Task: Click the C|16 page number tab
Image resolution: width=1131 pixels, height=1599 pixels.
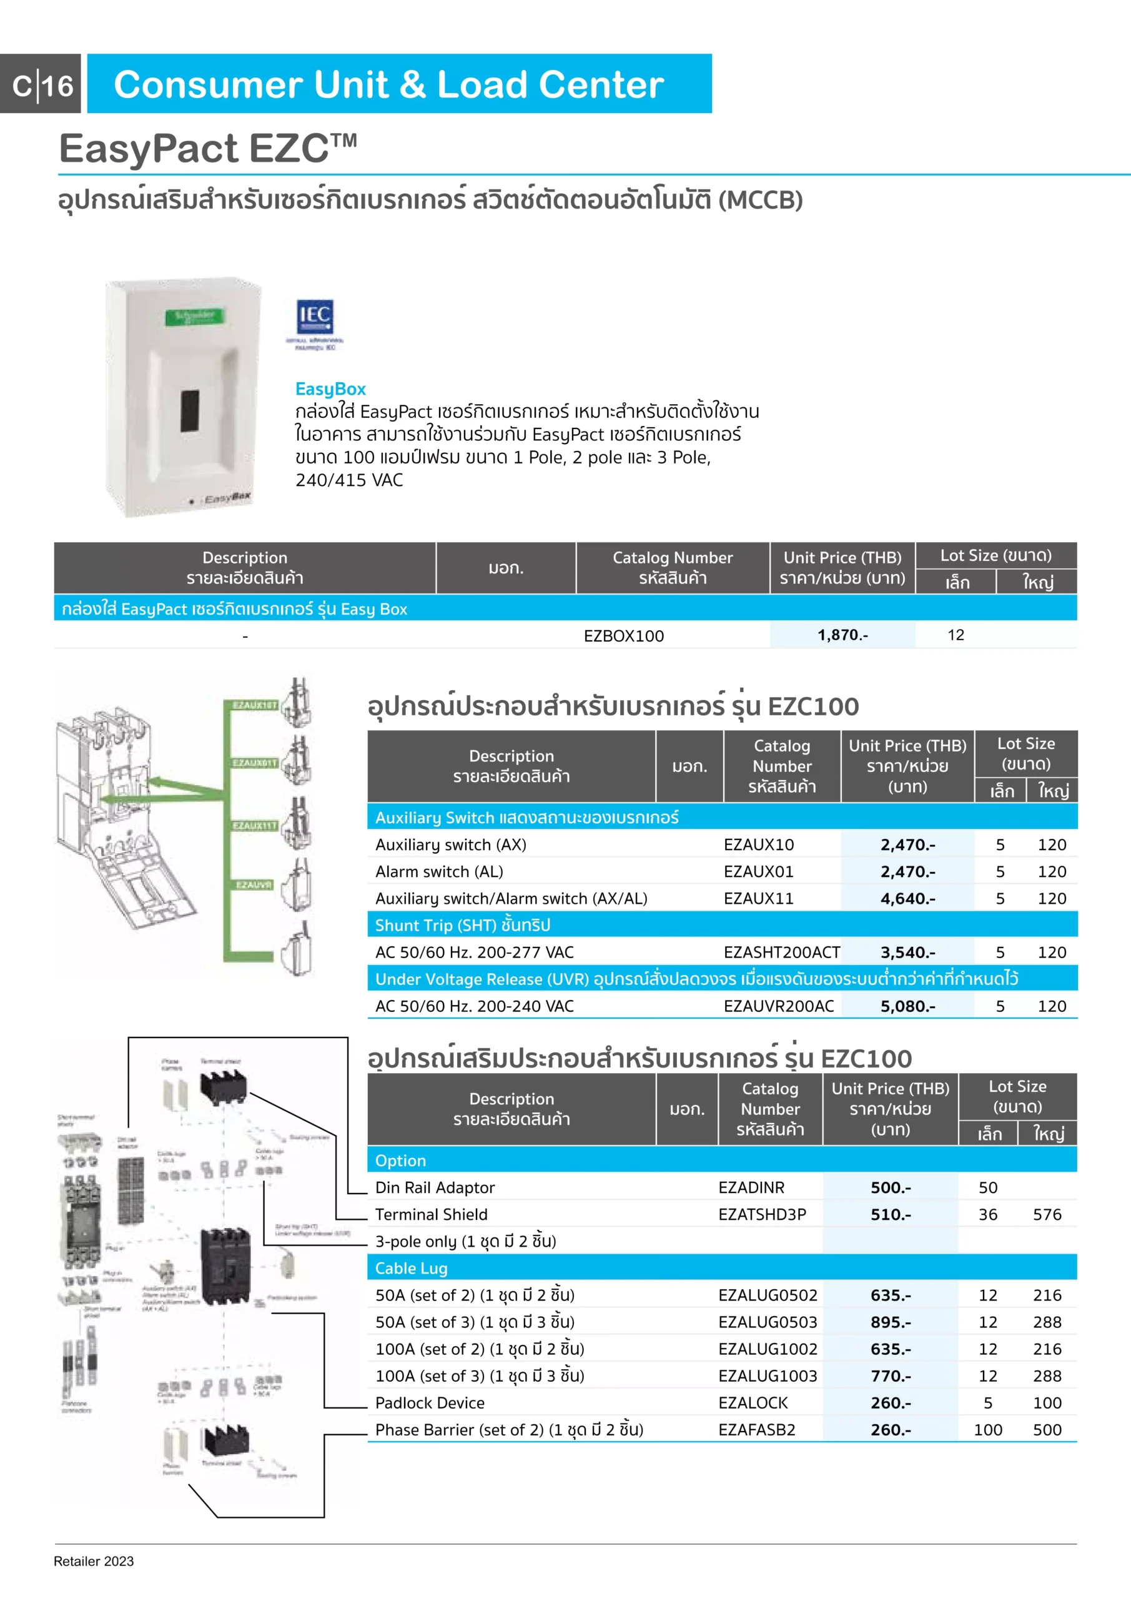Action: point(42,85)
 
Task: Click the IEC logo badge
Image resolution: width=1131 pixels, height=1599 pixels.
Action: point(315,317)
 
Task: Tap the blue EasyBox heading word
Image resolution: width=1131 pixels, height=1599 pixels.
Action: point(330,389)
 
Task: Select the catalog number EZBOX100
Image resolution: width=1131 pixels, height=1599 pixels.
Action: point(623,635)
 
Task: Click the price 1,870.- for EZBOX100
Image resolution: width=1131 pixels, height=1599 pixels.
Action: point(842,635)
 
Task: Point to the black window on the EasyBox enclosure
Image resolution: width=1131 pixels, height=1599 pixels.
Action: point(190,411)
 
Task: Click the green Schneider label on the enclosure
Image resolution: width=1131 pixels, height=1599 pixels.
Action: point(195,316)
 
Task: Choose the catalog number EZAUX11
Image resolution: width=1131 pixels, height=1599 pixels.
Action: point(758,898)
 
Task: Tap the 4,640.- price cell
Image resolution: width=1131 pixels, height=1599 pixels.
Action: point(907,898)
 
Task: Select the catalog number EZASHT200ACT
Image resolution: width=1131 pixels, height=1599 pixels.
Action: point(781,952)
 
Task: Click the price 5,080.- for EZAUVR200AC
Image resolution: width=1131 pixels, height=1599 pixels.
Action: point(907,1006)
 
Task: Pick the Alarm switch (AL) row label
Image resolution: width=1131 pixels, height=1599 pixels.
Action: point(439,871)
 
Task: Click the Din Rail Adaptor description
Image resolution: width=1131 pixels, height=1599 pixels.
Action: point(435,1187)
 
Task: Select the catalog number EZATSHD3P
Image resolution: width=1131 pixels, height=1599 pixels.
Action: point(762,1215)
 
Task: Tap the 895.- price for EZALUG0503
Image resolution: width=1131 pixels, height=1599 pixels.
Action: point(890,1322)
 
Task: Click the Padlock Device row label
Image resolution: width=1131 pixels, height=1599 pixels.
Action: point(430,1403)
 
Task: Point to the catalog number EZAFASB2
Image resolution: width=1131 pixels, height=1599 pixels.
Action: point(756,1430)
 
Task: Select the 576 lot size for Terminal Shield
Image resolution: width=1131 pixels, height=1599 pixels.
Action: point(1047,1215)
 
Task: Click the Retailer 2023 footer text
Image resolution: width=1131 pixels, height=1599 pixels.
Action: point(93,1562)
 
